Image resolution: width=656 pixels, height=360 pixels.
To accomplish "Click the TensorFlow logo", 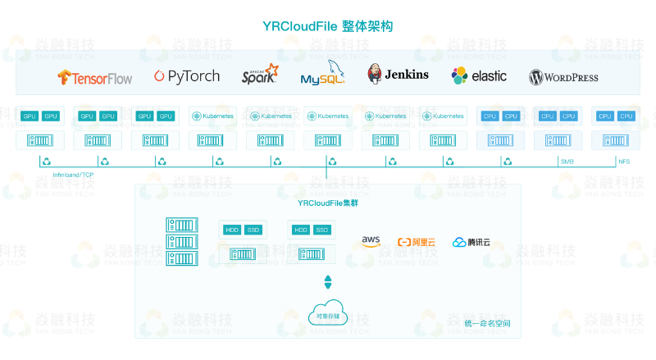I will pos(94,77).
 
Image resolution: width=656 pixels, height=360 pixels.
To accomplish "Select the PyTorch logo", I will pos(187,76).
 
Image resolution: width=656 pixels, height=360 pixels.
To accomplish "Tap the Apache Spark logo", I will pos(258,76).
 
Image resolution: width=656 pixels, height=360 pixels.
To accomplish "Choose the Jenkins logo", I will pos(398,75).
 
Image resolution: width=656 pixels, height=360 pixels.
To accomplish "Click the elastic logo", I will pos(479,76).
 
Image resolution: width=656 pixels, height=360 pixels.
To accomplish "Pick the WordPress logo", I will pos(563,77).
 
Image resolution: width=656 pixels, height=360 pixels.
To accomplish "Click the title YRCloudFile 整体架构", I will pos(328,26).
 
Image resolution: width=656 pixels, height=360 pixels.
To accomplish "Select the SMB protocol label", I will pos(567,162).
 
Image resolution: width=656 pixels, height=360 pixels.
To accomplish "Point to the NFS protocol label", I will pos(624,162).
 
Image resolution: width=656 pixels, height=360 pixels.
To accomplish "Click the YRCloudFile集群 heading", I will pos(328,202).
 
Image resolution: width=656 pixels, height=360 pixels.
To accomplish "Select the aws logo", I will pos(371,242).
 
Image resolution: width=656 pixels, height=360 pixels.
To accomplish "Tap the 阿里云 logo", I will pos(417,242).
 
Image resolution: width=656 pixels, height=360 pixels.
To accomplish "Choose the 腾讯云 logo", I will pos(472,242).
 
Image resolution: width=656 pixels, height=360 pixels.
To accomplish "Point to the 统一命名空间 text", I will pos(487,323).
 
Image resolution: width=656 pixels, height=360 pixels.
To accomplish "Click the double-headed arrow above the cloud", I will pos(328,282).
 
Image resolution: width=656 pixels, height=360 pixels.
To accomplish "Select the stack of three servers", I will pos(182,242).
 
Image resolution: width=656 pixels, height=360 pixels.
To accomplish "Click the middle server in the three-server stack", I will pos(182,242).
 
